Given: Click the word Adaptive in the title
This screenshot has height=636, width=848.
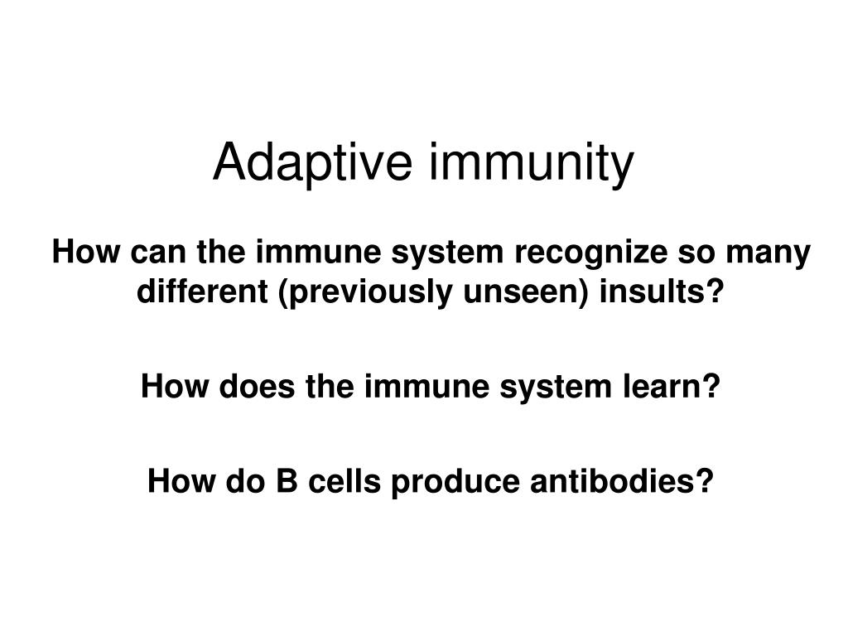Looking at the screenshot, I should pyautogui.click(x=313, y=163).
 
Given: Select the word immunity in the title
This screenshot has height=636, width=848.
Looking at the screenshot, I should pyautogui.click(x=530, y=163).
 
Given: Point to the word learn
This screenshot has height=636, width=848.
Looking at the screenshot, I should pyautogui.click(x=672, y=385).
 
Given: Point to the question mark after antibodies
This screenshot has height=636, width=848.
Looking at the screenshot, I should pyautogui.click(x=706, y=480).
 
